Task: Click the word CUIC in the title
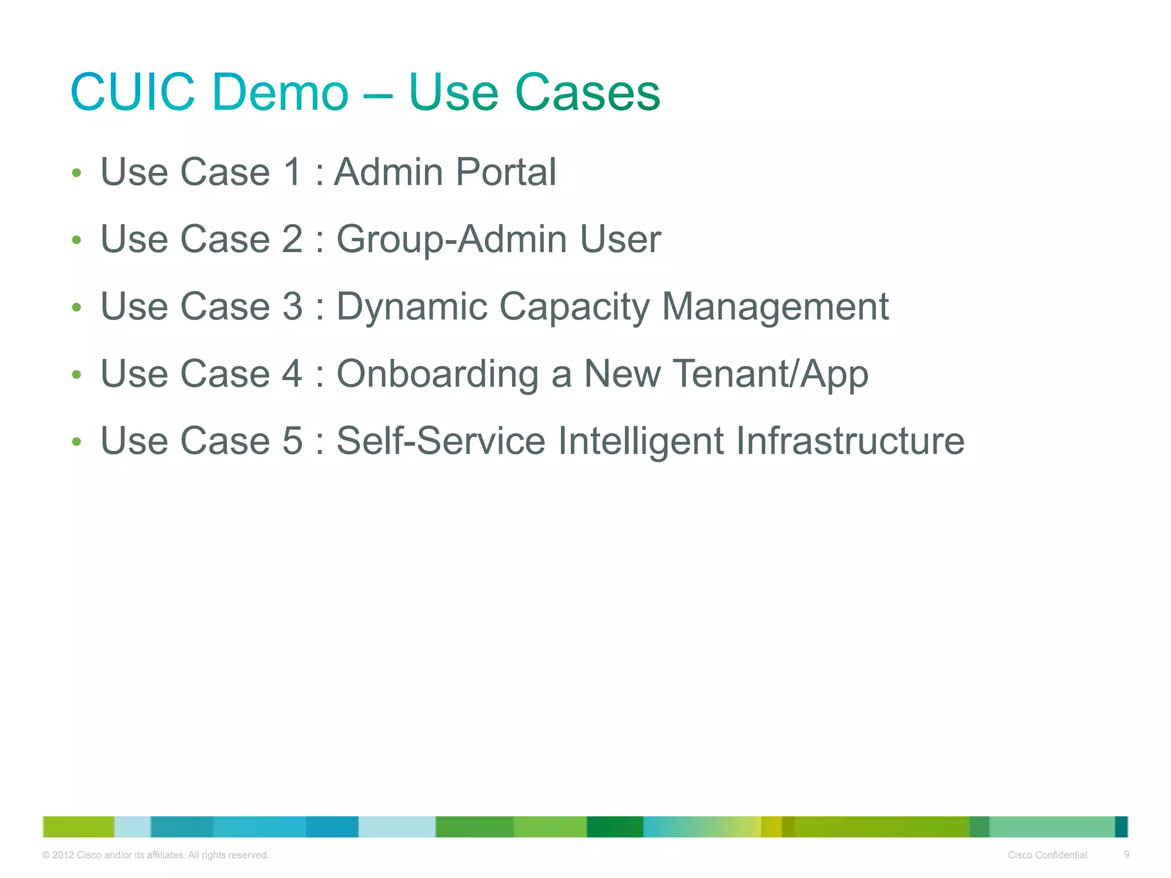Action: pyautogui.click(x=133, y=92)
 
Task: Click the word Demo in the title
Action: pyautogui.click(x=280, y=92)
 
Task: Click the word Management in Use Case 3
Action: pyautogui.click(x=775, y=307)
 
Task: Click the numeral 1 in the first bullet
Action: pyautogui.click(x=292, y=171)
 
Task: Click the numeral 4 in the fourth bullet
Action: pyautogui.click(x=292, y=374)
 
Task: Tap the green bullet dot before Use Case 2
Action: pyautogui.click(x=77, y=240)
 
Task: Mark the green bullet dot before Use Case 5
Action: pyautogui.click(x=77, y=442)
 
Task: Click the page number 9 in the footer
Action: pyautogui.click(x=1126, y=855)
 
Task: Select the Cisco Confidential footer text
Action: pyautogui.click(x=1047, y=855)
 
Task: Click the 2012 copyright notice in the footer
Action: pyautogui.click(x=156, y=855)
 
